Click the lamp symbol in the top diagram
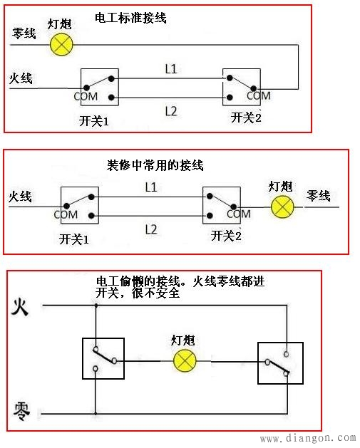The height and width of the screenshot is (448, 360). point(62,44)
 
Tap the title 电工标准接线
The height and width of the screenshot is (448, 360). point(130,18)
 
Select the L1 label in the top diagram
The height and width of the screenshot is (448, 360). point(171,68)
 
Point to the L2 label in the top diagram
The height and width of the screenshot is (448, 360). point(171,110)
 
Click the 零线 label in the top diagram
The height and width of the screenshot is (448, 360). point(23,33)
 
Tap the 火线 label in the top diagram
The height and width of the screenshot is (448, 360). point(21,78)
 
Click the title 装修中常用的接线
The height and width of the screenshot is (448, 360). point(150,165)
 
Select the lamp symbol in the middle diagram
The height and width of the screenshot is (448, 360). point(284,207)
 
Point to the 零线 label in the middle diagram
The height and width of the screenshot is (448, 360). point(318,194)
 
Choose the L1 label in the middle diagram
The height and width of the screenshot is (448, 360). point(150,187)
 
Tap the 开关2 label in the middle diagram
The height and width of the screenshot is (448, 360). point(226,236)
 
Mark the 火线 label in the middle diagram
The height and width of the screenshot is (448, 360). point(21,194)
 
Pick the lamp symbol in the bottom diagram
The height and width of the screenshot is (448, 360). point(185,360)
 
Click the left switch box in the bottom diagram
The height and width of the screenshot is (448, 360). point(103,358)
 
